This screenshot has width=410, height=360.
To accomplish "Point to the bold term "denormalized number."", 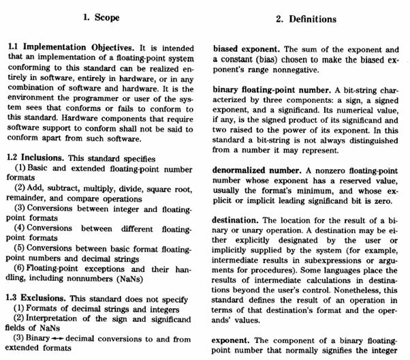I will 258,166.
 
